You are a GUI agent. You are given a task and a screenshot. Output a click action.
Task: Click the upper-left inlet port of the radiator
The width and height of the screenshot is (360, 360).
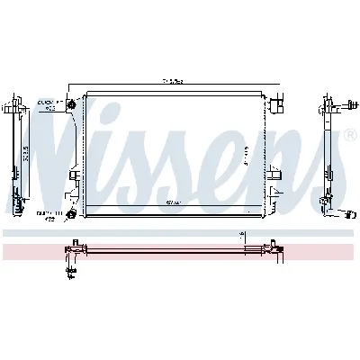tap(71, 107)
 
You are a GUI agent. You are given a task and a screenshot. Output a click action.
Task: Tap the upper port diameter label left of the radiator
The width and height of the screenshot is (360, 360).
tap(46, 104)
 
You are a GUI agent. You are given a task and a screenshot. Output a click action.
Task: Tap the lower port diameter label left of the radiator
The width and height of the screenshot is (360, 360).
tap(46, 214)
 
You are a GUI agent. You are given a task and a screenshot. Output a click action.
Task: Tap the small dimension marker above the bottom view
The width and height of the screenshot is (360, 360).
tap(243, 236)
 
